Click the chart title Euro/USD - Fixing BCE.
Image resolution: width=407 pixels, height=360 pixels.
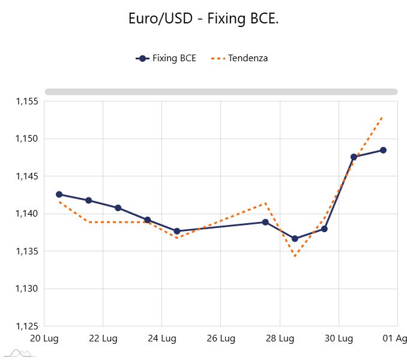click(x=203, y=19)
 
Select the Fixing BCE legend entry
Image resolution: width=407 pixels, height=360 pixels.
click(x=166, y=58)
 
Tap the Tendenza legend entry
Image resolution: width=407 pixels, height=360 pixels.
click(x=240, y=58)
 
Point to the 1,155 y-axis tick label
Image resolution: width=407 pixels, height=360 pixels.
click(x=27, y=101)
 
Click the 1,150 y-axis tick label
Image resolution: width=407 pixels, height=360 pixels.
click(x=27, y=139)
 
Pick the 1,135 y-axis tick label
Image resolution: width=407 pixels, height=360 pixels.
click(x=27, y=251)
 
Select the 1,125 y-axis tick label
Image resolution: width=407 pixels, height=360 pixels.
click(x=27, y=326)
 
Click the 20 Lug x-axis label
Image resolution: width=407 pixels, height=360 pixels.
click(x=44, y=339)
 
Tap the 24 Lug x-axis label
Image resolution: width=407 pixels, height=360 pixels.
click(x=162, y=339)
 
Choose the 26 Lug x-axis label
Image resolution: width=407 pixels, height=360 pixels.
click(x=221, y=339)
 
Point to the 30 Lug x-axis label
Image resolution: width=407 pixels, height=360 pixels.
click(x=339, y=339)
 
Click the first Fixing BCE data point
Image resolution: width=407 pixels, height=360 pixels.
click(x=59, y=194)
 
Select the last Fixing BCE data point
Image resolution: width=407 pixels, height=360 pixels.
click(x=383, y=150)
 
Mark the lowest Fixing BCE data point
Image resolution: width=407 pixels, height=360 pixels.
click(x=295, y=239)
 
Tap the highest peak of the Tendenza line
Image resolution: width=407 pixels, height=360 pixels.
click(x=382, y=117)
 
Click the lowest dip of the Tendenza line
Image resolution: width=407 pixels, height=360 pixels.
click(x=295, y=257)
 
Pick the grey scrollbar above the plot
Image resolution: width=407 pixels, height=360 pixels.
click(x=221, y=92)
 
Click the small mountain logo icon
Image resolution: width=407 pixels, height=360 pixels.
click(x=19, y=353)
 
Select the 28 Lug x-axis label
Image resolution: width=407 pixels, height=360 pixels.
click(x=280, y=339)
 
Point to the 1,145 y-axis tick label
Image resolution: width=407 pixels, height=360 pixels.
click(x=27, y=176)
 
